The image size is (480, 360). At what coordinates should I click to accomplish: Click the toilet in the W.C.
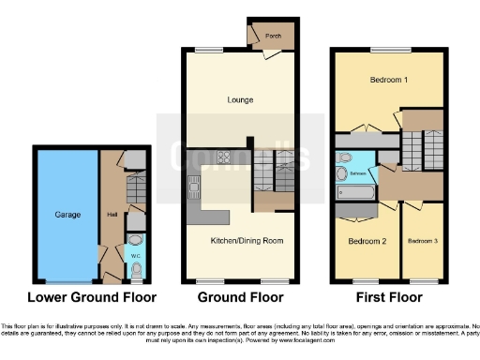click(137, 271)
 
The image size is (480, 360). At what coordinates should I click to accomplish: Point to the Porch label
click(274, 37)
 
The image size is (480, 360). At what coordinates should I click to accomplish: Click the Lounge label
click(239, 98)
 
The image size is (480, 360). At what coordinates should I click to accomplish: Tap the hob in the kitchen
click(226, 157)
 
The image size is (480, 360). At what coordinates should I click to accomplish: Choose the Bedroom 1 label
click(390, 79)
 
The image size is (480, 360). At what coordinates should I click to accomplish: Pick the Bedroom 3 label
click(421, 241)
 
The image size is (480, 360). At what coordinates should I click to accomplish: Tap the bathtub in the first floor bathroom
click(357, 193)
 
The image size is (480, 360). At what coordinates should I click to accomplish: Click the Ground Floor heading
click(241, 298)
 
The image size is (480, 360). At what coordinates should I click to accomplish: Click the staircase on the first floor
click(414, 149)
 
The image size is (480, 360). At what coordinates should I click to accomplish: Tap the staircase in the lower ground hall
click(136, 192)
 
